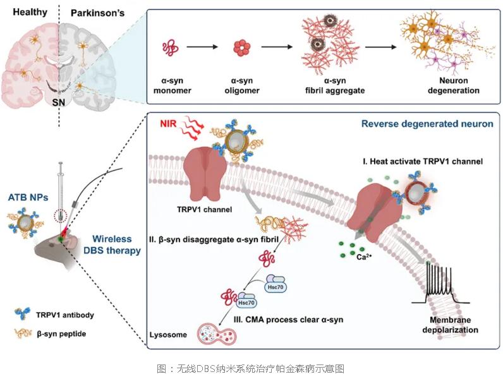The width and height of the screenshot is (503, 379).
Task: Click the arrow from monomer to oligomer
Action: coord(204,47)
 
